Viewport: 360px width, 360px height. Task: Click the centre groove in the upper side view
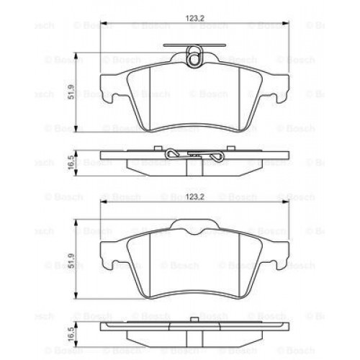pos(192,165)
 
